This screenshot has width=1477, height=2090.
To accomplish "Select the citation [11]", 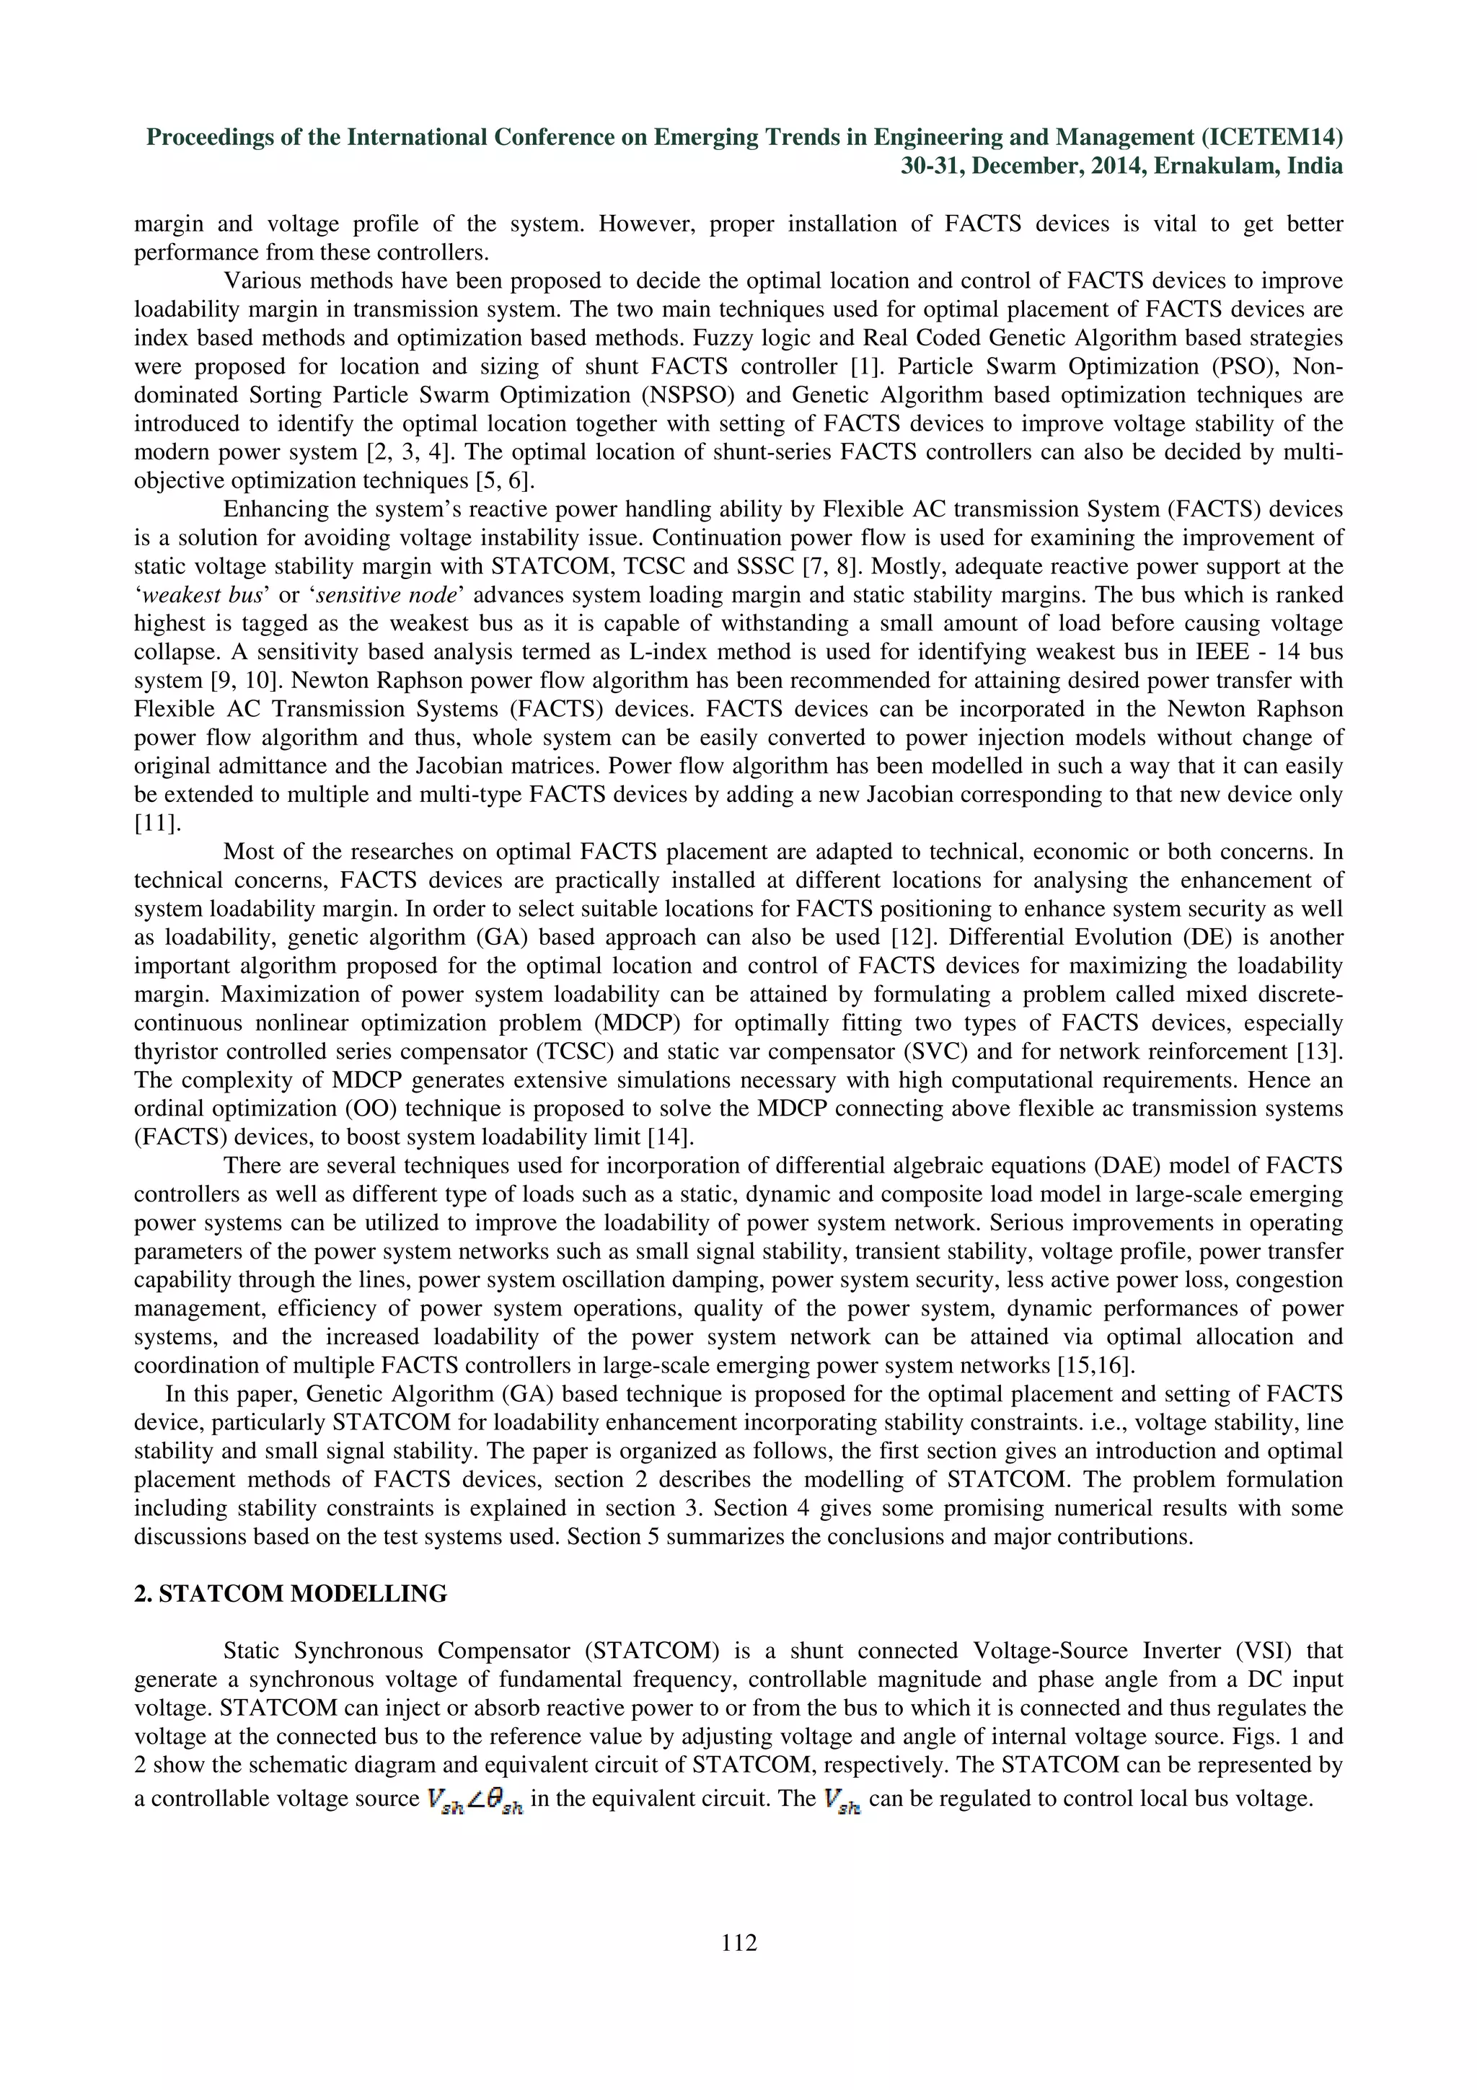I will [157, 823].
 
